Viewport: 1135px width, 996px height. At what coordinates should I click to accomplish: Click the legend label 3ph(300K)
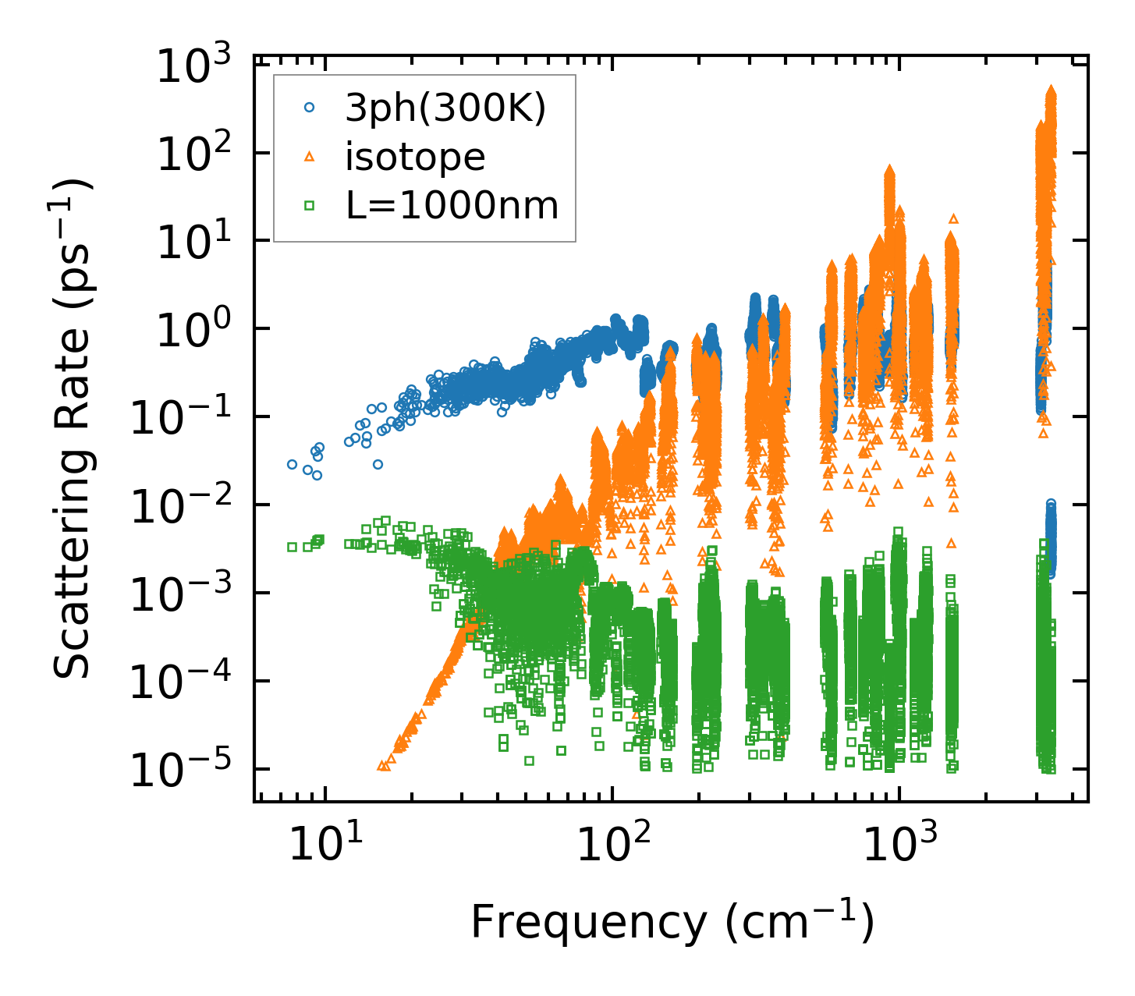pos(445,109)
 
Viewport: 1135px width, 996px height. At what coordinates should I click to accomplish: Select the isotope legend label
pos(415,158)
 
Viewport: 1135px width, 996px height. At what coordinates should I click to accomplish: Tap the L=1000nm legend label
pos(452,206)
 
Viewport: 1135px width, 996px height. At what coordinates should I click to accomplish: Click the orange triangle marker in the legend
pos(310,158)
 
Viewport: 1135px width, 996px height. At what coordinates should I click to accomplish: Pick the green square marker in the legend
pos(310,206)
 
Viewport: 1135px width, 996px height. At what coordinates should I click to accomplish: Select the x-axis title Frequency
pos(672,923)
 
